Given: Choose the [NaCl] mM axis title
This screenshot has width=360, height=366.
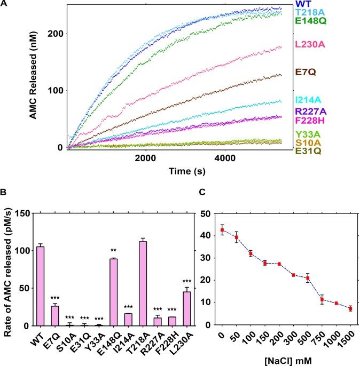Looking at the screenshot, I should pyautogui.click(x=278, y=359).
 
